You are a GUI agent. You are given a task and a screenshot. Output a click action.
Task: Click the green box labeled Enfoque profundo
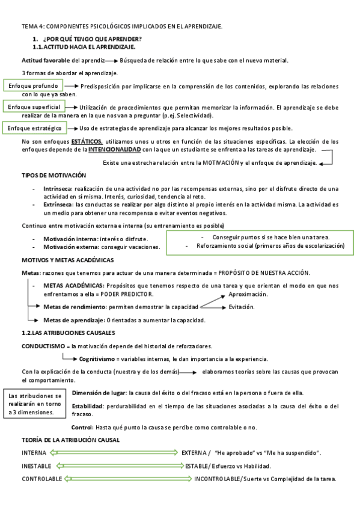click(34, 86)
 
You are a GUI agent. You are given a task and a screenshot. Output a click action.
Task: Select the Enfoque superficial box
click(34, 106)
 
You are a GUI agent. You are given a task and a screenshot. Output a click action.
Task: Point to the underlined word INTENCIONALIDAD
click(115, 149)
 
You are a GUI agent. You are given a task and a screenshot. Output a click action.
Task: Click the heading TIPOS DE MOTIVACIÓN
click(54, 176)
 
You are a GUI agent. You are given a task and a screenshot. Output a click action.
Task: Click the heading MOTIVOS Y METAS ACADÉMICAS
click(67, 260)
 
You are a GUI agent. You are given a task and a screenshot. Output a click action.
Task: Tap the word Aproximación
click(248, 294)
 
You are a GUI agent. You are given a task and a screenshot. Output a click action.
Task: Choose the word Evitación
click(242, 307)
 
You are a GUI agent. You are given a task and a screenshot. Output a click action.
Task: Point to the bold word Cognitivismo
click(101, 358)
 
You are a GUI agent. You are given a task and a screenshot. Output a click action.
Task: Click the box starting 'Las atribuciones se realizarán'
click(35, 404)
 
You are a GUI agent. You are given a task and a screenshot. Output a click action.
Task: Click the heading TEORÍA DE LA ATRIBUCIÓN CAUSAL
click(70, 440)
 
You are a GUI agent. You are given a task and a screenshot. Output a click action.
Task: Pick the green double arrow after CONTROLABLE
click(127, 479)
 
